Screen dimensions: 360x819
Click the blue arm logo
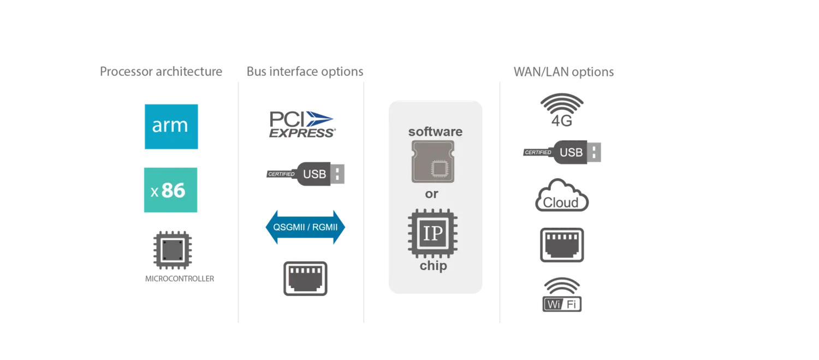[170, 126]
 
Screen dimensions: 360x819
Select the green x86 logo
[170, 190]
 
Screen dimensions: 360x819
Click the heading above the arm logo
[159, 72]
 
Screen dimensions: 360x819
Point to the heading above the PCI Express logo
[305, 72]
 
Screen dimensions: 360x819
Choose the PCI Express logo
[301, 125]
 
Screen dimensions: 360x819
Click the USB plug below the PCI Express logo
[306, 174]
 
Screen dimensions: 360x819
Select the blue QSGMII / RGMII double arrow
[305, 227]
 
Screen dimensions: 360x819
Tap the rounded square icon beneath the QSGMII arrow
[304, 277]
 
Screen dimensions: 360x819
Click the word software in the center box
[435, 132]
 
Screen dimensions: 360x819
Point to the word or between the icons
[431, 194]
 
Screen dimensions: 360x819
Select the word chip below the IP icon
[434, 266]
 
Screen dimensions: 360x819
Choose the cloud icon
[561, 196]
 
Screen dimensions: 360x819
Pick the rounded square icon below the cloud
[561, 246]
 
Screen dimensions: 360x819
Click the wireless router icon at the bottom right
[561, 297]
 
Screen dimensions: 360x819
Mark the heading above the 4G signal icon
[562, 72]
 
